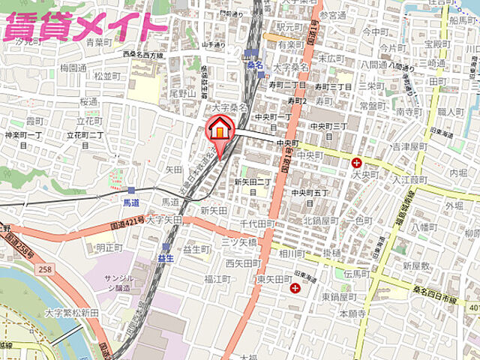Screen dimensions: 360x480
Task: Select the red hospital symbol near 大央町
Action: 357,162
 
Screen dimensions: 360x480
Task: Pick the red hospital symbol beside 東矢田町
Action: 295,288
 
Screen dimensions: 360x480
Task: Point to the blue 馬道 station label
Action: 131,202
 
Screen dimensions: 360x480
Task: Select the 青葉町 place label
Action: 98,43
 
